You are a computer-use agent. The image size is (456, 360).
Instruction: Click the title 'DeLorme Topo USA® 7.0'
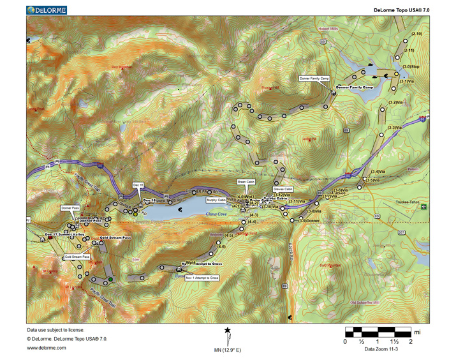401,11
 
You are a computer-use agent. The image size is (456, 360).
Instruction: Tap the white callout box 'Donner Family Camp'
314,79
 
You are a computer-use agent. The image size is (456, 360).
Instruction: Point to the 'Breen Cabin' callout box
246,182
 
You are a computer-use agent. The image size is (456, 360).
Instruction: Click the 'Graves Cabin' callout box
283,190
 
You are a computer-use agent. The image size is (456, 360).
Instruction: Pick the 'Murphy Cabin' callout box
216,200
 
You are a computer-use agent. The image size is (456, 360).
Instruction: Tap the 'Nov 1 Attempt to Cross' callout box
203,278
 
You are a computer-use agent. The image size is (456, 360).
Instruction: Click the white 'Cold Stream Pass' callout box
77,257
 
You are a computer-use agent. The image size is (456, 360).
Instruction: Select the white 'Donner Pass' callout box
70,208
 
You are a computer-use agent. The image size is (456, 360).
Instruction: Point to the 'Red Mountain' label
122,67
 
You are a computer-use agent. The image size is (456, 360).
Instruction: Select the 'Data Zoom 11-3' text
379,349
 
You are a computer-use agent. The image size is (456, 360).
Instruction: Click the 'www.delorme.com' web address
47,348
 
